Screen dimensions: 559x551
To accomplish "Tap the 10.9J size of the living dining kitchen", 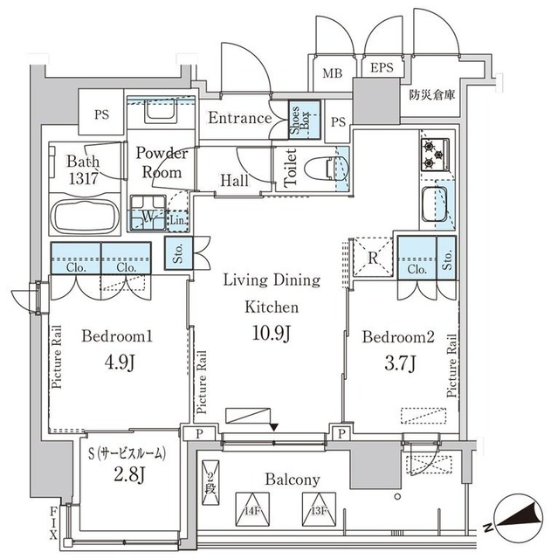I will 272,335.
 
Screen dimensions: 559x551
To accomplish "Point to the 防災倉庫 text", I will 431,97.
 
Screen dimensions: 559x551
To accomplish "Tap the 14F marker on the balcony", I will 252,509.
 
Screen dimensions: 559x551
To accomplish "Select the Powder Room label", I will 162,162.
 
